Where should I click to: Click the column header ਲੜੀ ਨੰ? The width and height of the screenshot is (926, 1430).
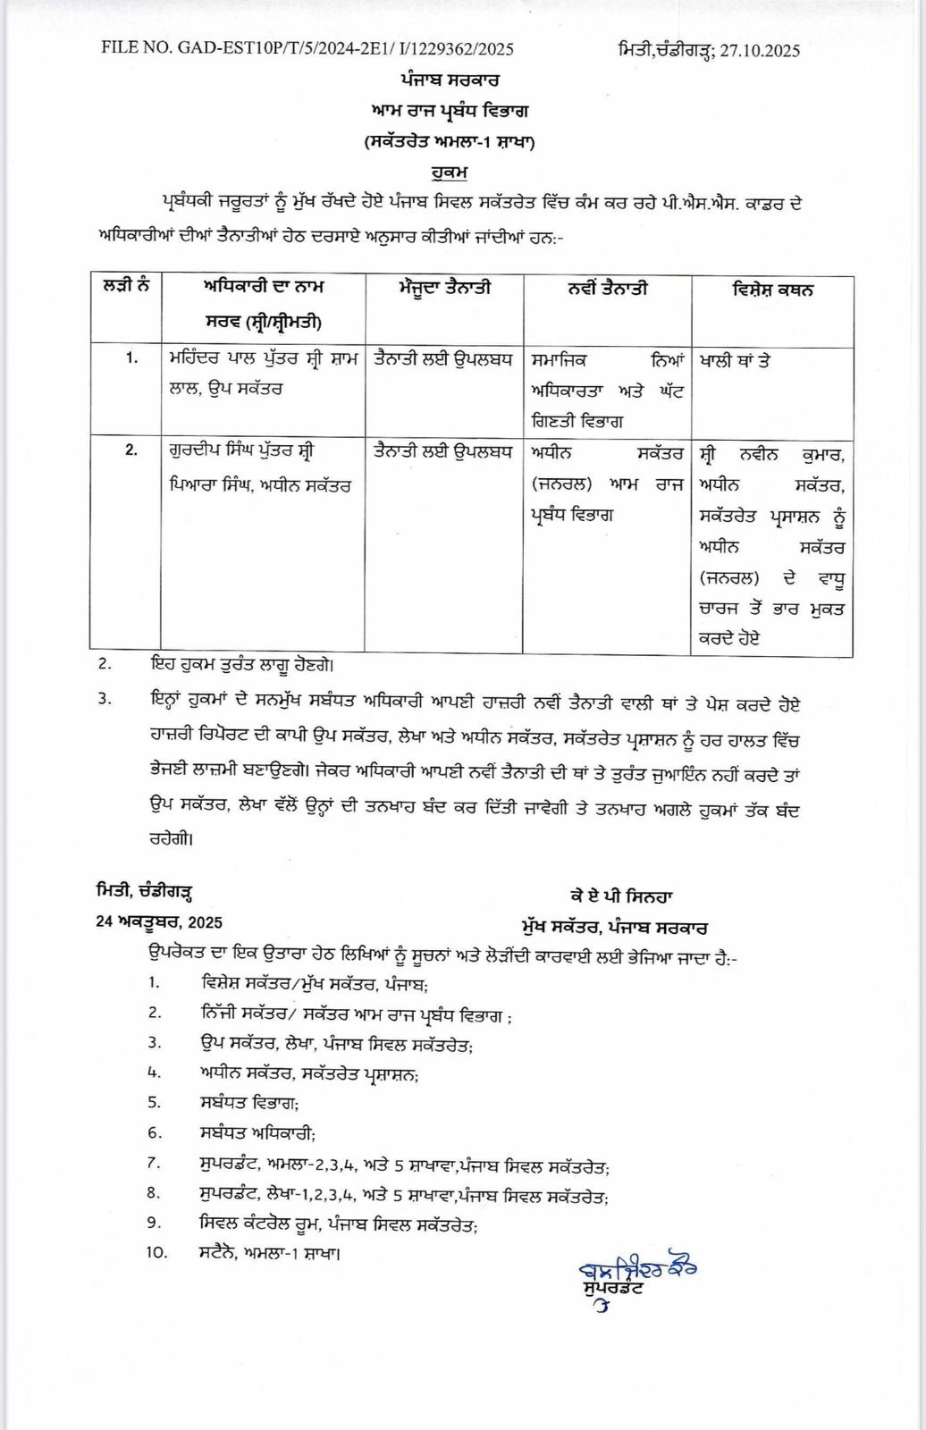(125, 287)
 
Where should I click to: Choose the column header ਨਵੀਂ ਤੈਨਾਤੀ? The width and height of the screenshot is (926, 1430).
(608, 288)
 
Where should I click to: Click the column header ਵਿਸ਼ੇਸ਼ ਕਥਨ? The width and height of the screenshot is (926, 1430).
(771, 290)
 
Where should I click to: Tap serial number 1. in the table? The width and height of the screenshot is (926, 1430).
(131, 357)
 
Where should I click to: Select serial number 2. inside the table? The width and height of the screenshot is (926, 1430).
(131, 450)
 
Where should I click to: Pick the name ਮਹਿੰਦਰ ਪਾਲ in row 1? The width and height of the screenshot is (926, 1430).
(213, 359)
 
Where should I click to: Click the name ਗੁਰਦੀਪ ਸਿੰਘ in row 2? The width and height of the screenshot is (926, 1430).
(215, 451)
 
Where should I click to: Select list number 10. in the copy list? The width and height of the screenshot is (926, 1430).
(156, 1252)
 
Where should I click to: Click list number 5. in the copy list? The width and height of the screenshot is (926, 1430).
(154, 1102)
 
